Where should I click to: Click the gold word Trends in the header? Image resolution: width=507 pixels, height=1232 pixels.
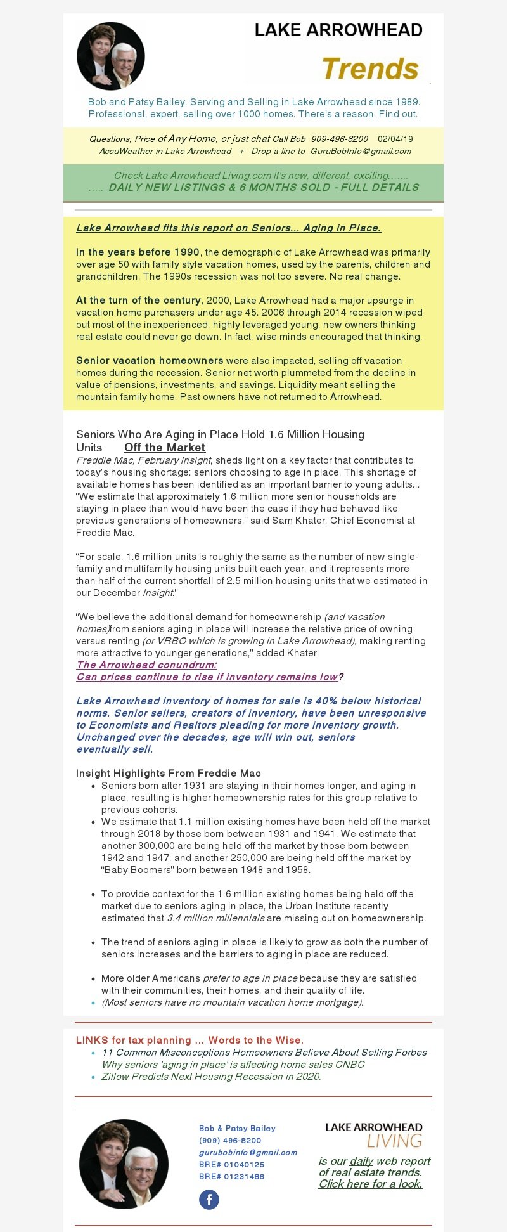[370, 68]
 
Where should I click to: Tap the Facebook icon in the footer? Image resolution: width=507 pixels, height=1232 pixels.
[209, 1200]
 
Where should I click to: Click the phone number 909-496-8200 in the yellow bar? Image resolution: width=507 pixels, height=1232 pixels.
[339, 139]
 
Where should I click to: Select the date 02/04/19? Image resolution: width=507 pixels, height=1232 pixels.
[395, 139]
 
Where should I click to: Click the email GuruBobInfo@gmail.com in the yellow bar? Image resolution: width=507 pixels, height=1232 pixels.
[361, 151]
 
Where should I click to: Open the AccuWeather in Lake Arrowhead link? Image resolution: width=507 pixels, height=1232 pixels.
[165, 151]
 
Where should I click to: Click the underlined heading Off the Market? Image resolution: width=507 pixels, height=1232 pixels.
[165, 447]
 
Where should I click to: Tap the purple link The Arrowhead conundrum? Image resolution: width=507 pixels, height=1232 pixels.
[146, 665]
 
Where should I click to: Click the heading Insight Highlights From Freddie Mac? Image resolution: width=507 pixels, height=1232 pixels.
[169, 773]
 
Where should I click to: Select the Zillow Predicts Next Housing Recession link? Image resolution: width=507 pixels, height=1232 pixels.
[211, 1076]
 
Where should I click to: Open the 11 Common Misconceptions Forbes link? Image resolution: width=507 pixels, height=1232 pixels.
[264, 1052]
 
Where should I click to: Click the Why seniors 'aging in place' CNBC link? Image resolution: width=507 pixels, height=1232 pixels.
[233, 1064]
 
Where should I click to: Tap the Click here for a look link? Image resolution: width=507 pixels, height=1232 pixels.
[370, 1184]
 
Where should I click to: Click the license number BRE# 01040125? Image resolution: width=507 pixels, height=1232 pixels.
[231, 1164]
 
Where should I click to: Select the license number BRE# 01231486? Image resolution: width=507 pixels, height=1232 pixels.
[231, 1176]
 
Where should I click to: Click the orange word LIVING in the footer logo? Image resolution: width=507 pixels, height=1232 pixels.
[394, 1141]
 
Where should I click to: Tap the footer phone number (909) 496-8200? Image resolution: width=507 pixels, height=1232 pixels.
[230, 1140]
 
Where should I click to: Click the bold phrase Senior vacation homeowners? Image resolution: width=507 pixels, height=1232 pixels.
[150, 360]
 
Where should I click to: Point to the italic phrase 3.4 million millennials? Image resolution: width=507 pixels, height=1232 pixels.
[215, 918]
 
